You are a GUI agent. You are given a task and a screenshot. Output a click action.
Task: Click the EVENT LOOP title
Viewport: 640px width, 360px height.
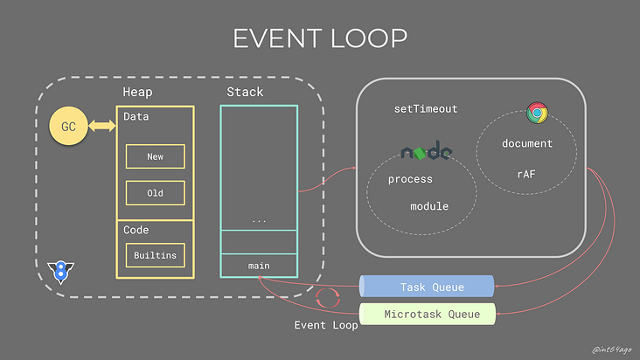(x=319, y=39)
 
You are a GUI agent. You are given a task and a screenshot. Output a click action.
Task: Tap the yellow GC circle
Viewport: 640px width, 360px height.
(x=68, y=128)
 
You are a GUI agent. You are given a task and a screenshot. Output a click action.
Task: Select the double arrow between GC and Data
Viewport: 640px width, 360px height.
(x=102, y=128)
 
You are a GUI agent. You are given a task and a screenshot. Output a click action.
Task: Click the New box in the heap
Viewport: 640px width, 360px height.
(x=156, y=156)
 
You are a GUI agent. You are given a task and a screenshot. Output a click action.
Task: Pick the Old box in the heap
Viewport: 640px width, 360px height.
(x=156, y=192)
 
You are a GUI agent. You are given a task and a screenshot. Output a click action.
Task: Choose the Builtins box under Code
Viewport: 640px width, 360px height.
(x=156, y=256)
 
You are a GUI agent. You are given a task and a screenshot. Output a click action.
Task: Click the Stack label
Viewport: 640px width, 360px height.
(x=245, y=92)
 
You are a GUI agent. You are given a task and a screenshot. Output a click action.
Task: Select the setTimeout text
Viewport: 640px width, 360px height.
(x=426, y=109)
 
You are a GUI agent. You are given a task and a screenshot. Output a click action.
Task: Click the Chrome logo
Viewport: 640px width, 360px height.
(x=537, y=112)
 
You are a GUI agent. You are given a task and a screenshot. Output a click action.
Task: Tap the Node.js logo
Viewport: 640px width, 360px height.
(x=426, y=152)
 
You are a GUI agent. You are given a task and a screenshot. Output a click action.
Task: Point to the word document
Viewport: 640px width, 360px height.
(x=527, y=143)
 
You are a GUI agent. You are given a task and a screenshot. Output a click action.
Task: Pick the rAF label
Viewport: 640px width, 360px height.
(x=526, y=173)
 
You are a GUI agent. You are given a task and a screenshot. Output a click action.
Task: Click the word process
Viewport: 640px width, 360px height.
(x=410, y=179)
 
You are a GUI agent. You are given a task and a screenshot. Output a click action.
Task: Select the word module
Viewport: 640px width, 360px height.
(x=429, y=206)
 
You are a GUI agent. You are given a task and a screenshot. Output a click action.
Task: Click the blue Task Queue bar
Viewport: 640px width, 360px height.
(x=427, y=287)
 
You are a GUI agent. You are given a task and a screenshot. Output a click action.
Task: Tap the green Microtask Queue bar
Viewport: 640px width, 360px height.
(x=427, y=313)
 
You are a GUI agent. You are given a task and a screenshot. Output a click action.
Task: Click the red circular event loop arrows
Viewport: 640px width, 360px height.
(x=326, y=299)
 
